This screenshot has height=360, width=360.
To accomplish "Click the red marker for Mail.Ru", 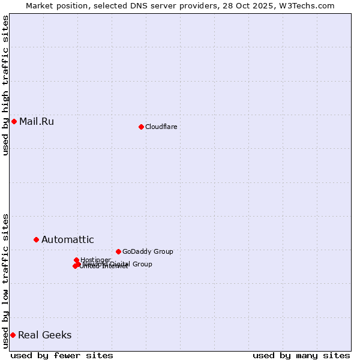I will click(x=14, y=122).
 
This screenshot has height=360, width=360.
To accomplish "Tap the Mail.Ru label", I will click(x=37, y=122).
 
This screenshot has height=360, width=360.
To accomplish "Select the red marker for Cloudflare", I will click(x=141, y=127).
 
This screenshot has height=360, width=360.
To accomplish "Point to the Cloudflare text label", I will click(x=161, y=127).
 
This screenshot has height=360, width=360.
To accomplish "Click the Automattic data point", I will click(x=36, y=240).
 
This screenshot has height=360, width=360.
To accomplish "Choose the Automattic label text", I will click(x=68, y=240).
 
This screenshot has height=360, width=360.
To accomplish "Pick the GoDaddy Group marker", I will click(x=118, y=251).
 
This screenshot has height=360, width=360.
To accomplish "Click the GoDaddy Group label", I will click(x=148, y=251).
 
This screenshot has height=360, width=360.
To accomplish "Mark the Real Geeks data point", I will click(x=13, y=335).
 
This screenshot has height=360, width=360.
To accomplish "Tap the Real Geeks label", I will click(x=45, y=335).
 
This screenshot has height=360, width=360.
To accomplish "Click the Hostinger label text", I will click(x=96, y=260).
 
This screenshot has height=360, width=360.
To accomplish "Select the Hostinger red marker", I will click(x=76, y=260).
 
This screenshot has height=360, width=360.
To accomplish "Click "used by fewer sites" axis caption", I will click(x=62, y=355).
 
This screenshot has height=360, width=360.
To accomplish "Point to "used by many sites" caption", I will click(x=301, y=355).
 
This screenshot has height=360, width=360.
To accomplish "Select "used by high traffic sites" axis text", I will click(x=5, y=85).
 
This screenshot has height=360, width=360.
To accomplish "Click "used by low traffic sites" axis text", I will click(x=5, y=280).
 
